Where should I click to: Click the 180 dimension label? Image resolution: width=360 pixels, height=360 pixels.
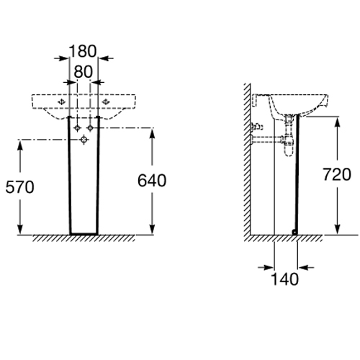click(x=83, y=51)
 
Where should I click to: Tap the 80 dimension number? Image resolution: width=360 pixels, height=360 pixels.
click(x=83, y=72)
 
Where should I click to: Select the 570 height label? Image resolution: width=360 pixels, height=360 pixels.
click(x=20, y=187)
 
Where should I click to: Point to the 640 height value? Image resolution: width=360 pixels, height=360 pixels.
click(x=152, y=181)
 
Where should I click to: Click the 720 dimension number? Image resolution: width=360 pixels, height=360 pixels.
click(x=337, y=174)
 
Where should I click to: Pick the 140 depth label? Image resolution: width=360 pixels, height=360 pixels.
click(x=284, y=279)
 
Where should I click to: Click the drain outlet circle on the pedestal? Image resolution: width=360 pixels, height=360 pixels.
click(x=84, y=140)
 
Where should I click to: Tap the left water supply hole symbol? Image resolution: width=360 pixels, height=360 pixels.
click(x=77, y=128)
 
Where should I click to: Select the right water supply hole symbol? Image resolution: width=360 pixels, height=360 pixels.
click(x=90, y=128)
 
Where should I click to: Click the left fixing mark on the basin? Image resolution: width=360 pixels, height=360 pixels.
click(x=62, y=102)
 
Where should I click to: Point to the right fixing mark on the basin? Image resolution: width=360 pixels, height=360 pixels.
click(x=106, y=102)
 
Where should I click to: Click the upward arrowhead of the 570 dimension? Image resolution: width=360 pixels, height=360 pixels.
click(x=20, y=145)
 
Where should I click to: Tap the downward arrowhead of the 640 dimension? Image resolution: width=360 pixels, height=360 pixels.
click(x=152, y=229)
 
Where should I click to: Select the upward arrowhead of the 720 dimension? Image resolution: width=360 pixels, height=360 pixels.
click(x=337, y=122)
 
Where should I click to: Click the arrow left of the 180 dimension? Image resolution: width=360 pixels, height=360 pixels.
click(x=61, y=58)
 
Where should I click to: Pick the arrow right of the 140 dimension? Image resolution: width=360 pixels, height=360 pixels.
click(x=306, y=267)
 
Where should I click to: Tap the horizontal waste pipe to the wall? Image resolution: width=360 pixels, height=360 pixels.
click(x=267, y=139)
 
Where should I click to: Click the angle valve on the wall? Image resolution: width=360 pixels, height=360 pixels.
click(x=256, y=127)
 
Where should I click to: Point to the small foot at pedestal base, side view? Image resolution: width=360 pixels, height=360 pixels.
click(x=294, y=232)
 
